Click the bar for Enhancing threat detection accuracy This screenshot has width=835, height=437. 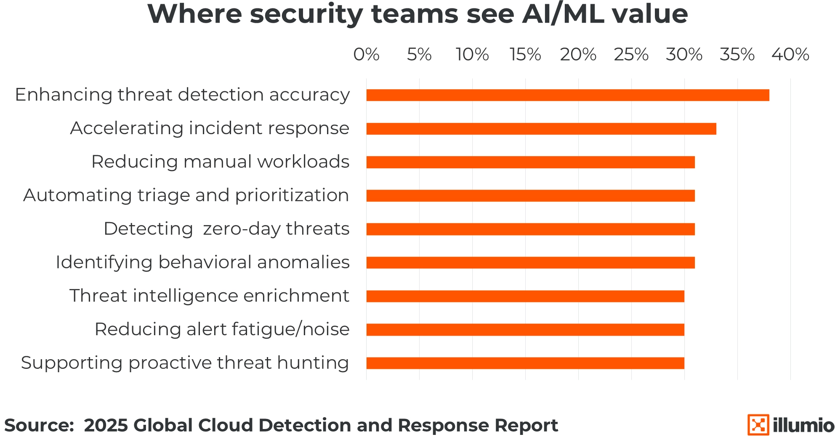567,95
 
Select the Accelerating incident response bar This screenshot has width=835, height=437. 541,129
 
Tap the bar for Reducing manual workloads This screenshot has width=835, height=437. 530,162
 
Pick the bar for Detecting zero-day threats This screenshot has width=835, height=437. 530,229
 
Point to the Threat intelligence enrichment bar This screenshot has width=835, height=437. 525,296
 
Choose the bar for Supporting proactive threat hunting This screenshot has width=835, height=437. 525,363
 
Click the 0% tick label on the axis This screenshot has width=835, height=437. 366,55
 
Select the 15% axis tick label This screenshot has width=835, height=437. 525,55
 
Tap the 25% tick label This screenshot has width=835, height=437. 631,55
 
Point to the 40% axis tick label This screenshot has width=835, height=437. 790,55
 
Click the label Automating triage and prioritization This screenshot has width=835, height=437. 186,195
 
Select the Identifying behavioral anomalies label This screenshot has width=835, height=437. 202,262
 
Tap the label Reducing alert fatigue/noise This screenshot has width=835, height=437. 222,329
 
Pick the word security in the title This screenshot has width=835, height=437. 306,15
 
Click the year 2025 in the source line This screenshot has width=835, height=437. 106,425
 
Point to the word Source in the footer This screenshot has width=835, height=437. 39,425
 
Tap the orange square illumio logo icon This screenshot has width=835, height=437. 758,425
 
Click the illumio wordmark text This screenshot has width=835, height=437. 803,425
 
